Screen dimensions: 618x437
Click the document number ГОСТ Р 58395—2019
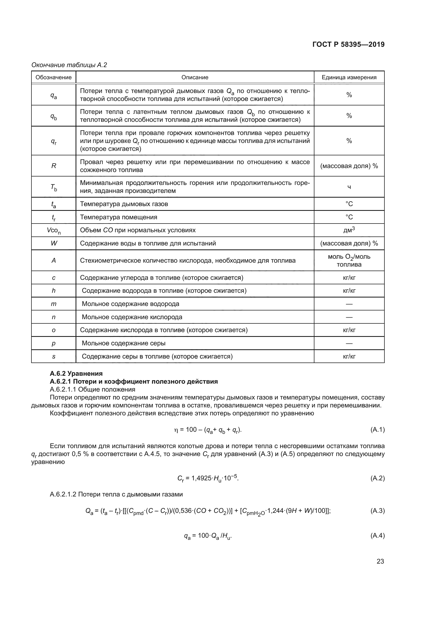(348, 44)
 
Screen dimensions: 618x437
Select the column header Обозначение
(54, 77)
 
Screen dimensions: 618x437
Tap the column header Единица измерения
(349, 77)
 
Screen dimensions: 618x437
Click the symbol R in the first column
(54, 166)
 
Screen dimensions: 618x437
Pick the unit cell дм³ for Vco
(349, 230)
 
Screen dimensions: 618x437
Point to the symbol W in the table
(54, 243)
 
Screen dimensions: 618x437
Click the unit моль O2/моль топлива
(349, 260)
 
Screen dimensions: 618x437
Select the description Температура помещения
(118, 217)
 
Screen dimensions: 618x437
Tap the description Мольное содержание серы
(123, 343)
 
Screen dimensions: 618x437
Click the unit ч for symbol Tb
(349, 187)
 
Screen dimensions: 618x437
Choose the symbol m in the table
(54, 304)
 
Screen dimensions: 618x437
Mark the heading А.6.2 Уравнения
(76, 374)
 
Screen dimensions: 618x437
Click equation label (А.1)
(377, 430)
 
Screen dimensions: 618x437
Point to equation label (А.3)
(377, 511)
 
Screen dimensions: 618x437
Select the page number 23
(380, 561)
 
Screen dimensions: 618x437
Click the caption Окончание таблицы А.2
(69, 65)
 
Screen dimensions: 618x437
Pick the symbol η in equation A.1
(176, 430)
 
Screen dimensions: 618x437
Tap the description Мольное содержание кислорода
(132, 317)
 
